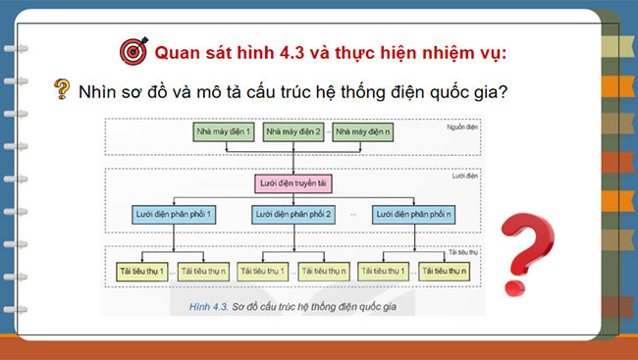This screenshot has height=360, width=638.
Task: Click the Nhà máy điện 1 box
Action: [226, 130]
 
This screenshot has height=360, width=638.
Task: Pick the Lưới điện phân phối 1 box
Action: [173, 213]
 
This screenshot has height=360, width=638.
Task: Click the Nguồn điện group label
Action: [462, 127]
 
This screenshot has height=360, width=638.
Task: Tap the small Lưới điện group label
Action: [465, 177]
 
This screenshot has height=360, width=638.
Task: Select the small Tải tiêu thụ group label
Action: [462, 252]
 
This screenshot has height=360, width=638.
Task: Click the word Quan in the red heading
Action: [180, 50]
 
